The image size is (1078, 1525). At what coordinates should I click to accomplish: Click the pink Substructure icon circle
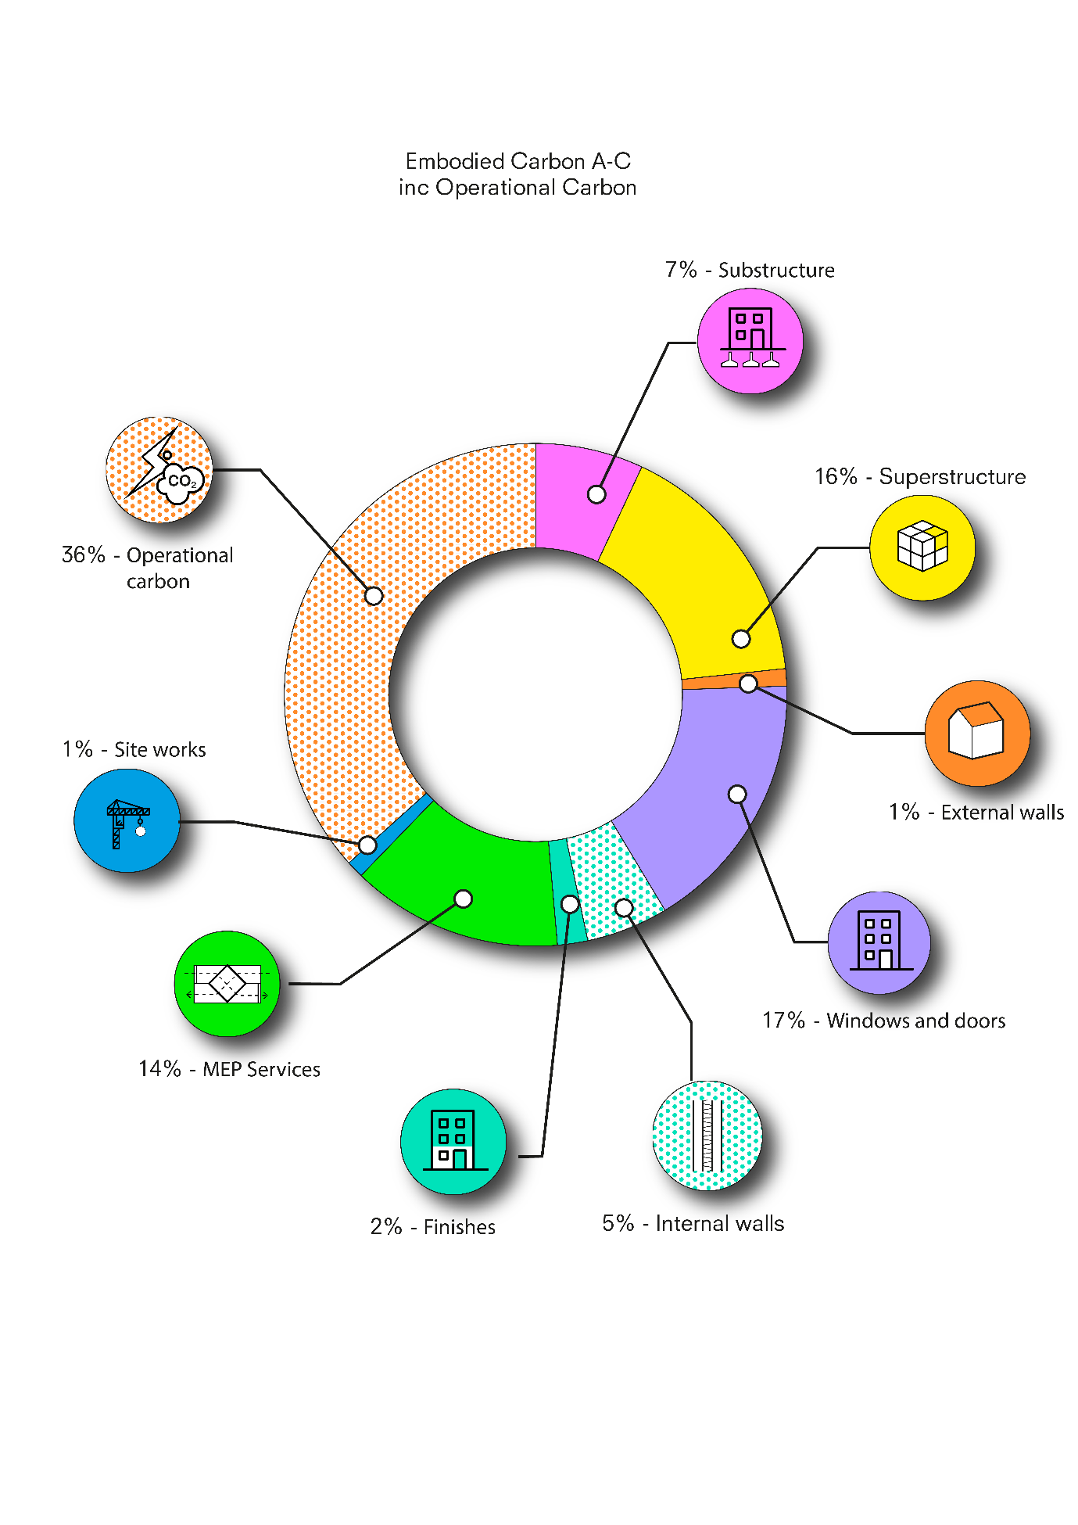click(750, 341)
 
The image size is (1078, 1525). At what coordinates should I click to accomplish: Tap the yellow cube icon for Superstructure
click(922, 547)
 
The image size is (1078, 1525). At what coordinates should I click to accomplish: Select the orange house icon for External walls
click(977, 734)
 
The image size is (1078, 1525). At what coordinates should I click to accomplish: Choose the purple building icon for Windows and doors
click(879, 942)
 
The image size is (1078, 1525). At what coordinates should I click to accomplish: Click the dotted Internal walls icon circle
click(707, 1136)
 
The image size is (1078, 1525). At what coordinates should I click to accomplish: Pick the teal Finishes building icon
click(453, 1142)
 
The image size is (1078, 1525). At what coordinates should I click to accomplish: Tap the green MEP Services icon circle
click(227, 984)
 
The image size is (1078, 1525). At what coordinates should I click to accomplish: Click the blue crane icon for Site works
click(127, 820)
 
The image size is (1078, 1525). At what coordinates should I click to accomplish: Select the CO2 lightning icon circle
click(159, 470)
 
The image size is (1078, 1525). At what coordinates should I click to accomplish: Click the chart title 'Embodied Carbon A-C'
click(518, 162)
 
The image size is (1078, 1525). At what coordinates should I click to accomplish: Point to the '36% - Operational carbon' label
click(148, 568)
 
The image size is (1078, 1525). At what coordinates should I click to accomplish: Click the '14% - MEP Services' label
click(229, 1069)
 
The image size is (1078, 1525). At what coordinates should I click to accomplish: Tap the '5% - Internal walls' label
click(693, 1223)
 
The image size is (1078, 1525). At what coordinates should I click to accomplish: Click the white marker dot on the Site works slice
click(367, 845)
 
